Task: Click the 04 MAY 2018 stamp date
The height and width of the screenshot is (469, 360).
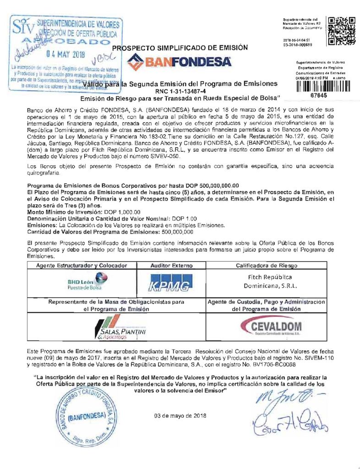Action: pos(69,54)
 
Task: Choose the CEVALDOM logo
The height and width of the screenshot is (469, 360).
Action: pos(267,328)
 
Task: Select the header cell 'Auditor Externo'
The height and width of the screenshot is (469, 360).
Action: pos(172,266)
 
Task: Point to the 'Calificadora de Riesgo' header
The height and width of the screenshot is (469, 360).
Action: pos(267,266)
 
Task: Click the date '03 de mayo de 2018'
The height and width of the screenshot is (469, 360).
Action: pos(180,416)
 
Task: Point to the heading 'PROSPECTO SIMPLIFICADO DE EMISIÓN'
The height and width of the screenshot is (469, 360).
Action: pos(180,48)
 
